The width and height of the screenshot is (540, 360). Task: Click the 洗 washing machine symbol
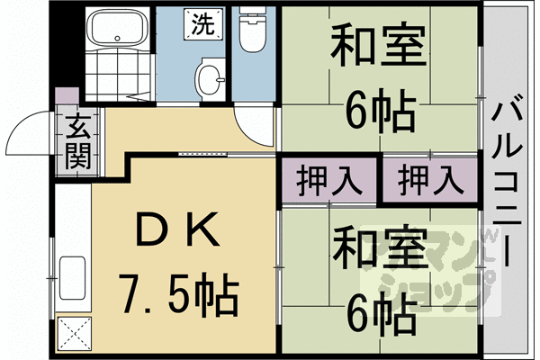point(202,24)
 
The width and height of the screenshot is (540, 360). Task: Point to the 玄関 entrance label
point(76,142)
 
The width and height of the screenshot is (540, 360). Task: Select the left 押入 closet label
point(328,179)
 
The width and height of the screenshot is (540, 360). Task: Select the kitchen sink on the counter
point(71,274)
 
